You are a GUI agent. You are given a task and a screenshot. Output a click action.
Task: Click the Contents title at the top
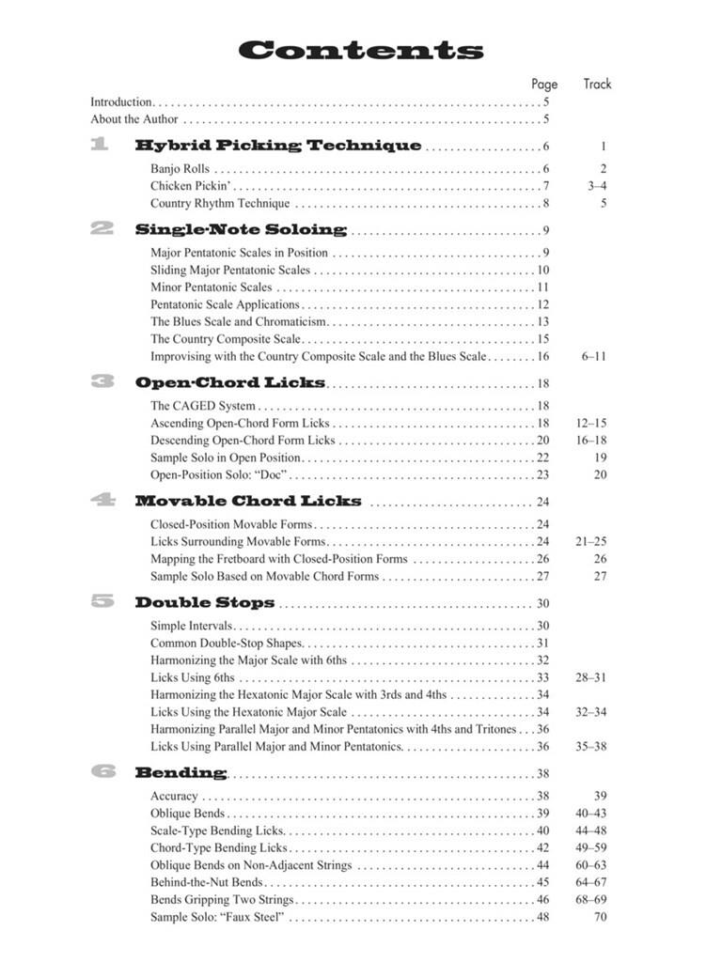click(361, 50)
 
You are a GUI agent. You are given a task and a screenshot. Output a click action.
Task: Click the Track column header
click(597, 84)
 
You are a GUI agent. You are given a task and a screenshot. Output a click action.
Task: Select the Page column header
click(544, 84)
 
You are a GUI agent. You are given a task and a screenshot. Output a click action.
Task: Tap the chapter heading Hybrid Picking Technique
click(278, 146)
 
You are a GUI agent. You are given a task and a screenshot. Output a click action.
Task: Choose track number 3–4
click(597, 186)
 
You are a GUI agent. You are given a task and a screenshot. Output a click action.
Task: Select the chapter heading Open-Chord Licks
click(230, 382)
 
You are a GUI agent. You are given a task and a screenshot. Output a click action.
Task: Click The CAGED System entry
click(203, 406)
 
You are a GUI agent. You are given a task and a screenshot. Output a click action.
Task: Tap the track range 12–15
click(591, 424)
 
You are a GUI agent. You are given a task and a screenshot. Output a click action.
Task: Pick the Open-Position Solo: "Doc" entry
click(218, 475)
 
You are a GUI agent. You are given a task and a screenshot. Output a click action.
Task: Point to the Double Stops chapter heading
click(205, 603)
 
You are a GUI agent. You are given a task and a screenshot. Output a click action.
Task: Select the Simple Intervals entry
click(192, 627)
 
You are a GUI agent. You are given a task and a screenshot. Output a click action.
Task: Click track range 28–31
click(591, 677)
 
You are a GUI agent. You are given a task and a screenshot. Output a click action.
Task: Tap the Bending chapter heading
click(180, 773)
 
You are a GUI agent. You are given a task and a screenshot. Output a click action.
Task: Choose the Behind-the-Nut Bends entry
click(207, 882)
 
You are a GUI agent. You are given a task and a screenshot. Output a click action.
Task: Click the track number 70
click(600, 917)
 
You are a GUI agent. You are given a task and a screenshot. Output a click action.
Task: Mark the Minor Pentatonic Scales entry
click(212, 287)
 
